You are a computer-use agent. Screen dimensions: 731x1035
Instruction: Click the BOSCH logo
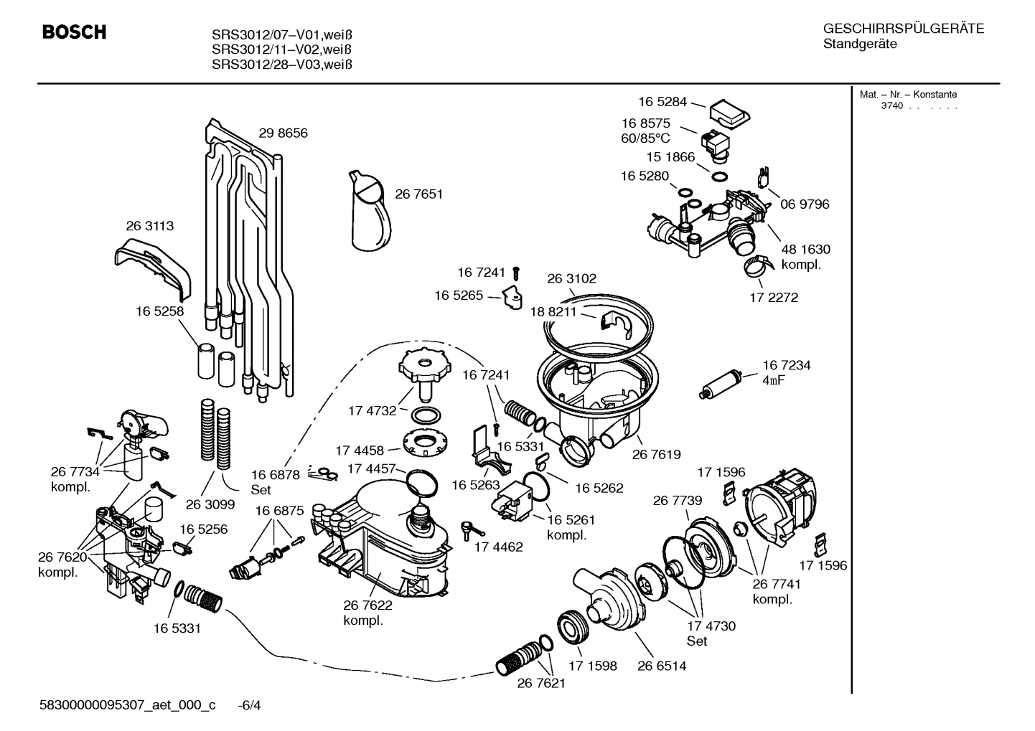(x=74, y=32)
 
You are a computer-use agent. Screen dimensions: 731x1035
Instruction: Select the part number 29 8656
(x=283, y=133)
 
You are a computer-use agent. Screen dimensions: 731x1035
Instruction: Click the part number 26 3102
(x=571, y=279)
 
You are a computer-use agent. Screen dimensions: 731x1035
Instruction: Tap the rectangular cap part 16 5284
(x=729, y=112)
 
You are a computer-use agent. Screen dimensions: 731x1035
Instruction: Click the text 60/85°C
(x=645, y=138)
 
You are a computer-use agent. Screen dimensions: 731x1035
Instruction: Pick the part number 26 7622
(x=367, y=605)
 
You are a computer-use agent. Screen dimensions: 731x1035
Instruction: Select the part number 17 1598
(x=592, y=666)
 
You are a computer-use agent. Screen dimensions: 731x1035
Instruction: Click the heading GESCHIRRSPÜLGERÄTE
(x=903, y=29)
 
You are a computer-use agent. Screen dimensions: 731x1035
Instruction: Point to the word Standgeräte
(x=859, y=44)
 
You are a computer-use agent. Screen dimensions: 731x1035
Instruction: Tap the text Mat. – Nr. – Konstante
(x=908, y=95)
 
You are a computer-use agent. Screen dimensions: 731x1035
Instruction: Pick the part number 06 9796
(x=804, y=204)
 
